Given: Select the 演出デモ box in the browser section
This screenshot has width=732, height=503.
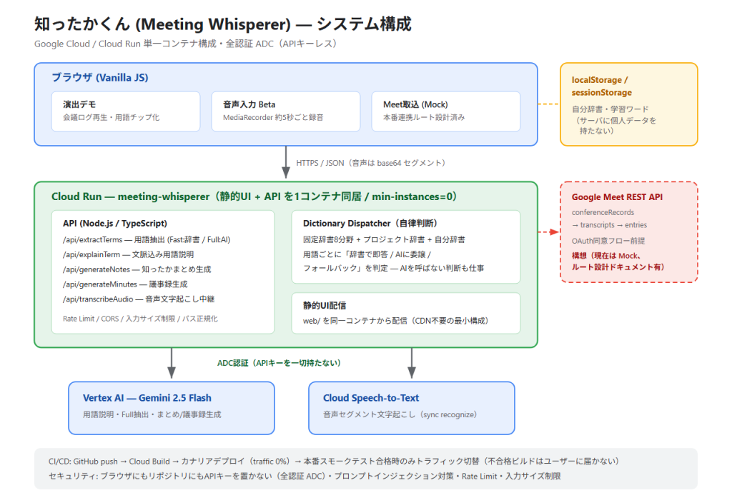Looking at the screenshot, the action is tap(126, 111).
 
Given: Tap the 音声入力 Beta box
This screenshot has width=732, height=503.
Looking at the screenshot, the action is tap(286, 111).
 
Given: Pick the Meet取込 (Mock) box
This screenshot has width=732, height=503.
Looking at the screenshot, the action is tap(446, 111).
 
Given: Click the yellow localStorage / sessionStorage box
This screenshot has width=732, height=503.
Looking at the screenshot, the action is tap(629, 104).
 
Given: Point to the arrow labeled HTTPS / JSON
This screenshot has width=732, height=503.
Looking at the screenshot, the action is tap(286, 162).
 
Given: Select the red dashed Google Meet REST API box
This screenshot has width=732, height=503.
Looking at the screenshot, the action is tap(629, 232).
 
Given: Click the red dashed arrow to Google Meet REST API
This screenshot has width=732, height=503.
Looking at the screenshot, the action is tap(548, 232).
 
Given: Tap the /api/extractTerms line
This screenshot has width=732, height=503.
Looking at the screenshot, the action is tap(147, 240).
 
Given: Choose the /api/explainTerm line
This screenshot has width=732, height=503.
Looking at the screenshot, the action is tap(129, 255).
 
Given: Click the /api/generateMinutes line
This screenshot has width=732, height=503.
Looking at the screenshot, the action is tap(125, 284).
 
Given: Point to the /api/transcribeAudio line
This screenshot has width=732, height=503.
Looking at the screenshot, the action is tap(139, 299).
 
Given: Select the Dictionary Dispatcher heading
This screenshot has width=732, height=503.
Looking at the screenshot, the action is tap(370, 224).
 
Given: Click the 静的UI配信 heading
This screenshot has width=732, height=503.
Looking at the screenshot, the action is tap(325, 306).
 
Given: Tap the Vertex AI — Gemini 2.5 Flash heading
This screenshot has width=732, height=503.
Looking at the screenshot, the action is tap(147, 398).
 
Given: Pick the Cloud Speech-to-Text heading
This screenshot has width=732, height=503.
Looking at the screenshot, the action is tap(371, 398).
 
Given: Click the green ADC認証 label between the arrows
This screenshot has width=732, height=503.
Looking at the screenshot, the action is tap(279, 363).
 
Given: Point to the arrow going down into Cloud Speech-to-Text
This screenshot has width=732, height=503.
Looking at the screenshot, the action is tap(411, 363).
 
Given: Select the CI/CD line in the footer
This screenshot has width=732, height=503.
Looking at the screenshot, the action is tap(334, 462).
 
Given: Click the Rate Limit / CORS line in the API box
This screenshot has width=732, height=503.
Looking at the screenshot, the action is tap(140, 319).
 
